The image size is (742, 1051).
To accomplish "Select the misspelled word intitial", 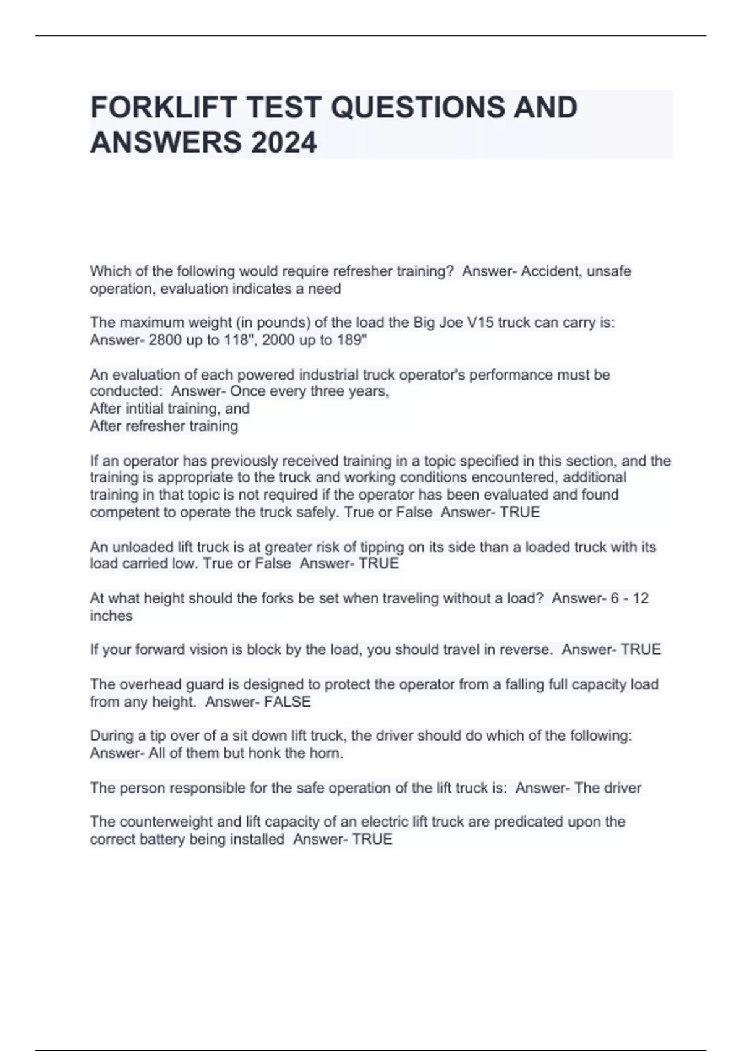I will pyautogui.click(x=143, y=409).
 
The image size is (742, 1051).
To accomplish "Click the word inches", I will pyautogui.click(x=111, y=616).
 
